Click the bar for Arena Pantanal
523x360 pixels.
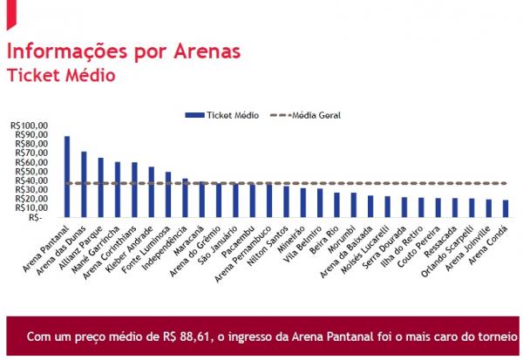[x=67, y=176]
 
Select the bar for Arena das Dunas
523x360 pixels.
[x=84, y=184]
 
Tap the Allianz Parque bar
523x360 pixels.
[x=100, y=187]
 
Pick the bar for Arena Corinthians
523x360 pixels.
[x=134, y=189]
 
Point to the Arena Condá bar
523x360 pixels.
[x=506, y=208]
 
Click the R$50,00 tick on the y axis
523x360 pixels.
[x=31, y=172]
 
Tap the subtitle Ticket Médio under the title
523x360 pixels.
[x=61, y=76]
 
